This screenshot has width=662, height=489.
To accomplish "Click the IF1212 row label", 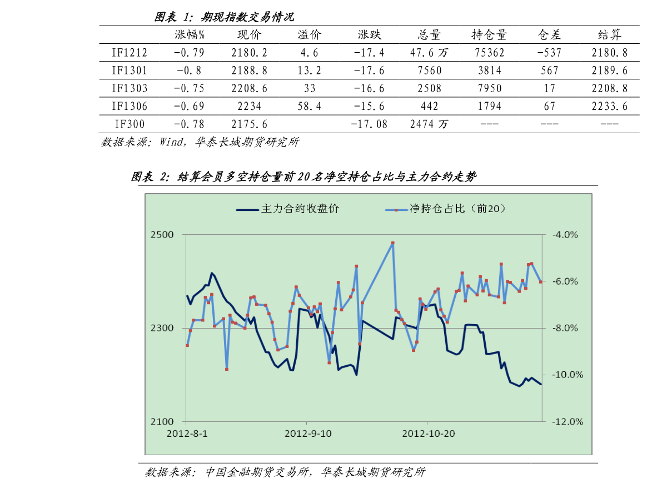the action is (129, 53).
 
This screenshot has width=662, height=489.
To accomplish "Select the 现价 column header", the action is (249, 34).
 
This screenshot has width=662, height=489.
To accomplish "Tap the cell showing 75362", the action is (489, 53).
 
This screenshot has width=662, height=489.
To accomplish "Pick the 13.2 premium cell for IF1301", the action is (309, 70).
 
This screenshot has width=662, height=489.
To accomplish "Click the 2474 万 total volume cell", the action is (429, 124).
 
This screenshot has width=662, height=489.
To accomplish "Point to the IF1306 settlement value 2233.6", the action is (609, 106).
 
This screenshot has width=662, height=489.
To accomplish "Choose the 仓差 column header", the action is (549, 34).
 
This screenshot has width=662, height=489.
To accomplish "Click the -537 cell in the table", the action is (549, 53).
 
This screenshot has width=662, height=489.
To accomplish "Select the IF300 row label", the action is (130, 124).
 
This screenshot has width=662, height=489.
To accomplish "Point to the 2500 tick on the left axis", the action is (162, 235).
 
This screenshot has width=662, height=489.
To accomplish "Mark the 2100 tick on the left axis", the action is (162, 421).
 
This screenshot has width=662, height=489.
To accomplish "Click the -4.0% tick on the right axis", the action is (565, 235).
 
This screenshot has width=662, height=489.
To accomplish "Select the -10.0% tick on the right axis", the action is (568, 374).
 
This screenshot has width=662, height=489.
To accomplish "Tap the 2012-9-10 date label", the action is (308, 433).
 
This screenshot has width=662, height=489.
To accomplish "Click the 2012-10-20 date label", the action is (429, 433).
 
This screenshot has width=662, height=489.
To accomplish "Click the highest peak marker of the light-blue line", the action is (392, 243).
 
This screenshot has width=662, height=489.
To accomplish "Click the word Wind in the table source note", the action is (171, 142).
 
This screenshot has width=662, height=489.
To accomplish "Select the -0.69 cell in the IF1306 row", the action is (189, 106).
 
